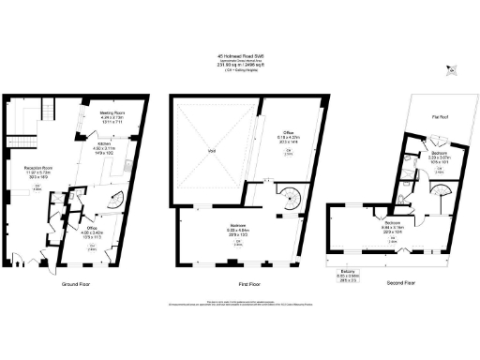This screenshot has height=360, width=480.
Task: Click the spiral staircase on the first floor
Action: [x=285, y=200]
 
